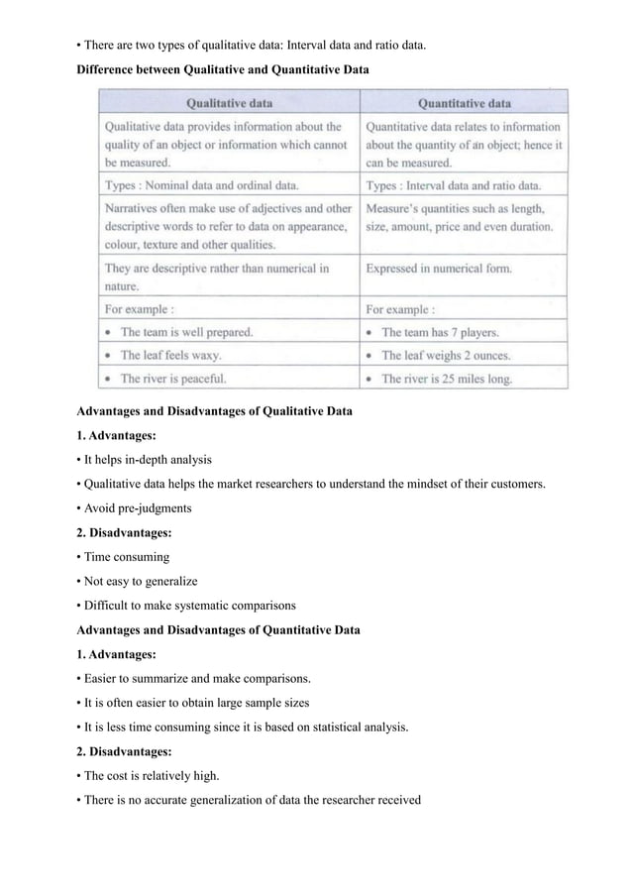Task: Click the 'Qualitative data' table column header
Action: (229, 102)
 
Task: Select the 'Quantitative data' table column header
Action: (465, 102)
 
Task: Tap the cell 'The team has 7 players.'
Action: (440, 332)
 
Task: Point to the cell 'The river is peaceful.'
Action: (173, 378)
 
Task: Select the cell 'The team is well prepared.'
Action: (186, 332)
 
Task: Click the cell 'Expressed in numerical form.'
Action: (439, 268)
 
